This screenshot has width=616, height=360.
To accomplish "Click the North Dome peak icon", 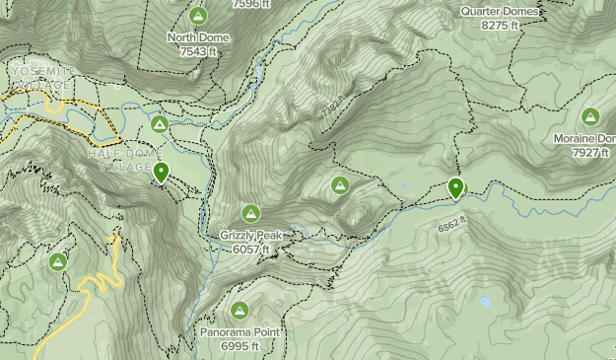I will click(198, 16).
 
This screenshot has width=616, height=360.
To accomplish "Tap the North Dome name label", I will click(198, 37).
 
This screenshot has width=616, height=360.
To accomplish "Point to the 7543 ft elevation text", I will click(198, 50).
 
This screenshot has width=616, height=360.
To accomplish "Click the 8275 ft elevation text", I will click(500, 25).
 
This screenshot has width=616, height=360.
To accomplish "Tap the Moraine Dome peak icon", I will click(590, 116).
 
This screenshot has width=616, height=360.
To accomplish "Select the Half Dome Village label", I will click(120, 160).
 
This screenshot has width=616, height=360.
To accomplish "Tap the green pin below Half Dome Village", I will click(161, 173).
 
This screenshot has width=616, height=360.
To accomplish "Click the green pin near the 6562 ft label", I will click(455, 186).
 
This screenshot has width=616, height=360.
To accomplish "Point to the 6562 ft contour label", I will click(450, 226).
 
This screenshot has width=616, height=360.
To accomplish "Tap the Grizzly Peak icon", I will click(250, 213).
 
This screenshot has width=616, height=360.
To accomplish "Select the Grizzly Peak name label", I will click(251, 236).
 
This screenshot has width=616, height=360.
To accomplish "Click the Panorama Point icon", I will click(240, 310).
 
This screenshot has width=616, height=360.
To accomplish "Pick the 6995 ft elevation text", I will click(240, 346).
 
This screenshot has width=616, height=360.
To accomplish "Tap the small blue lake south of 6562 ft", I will click(484, 302).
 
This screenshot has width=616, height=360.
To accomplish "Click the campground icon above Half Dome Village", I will click(159, 124).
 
